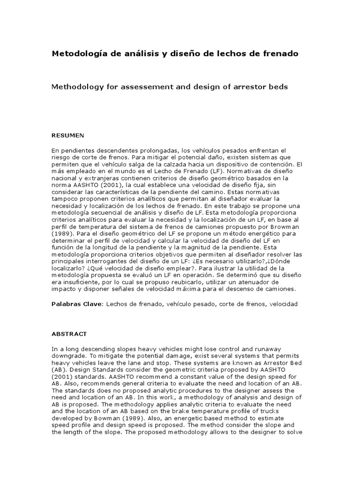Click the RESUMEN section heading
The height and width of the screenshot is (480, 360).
(67, 135)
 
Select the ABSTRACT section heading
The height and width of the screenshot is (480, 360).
(69, 334)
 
